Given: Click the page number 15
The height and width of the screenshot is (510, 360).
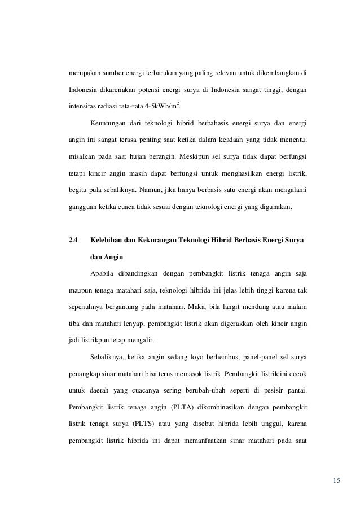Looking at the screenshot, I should [337, 481].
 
